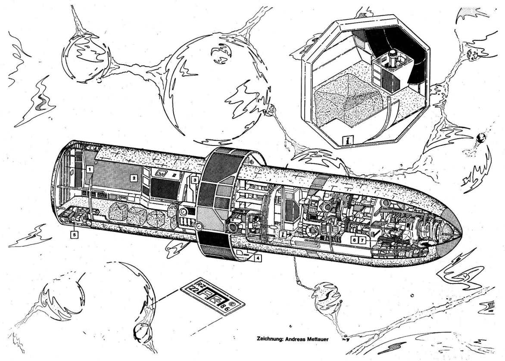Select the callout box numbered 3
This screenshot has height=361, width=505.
[195, 180]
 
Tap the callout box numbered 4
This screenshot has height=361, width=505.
[257, 259]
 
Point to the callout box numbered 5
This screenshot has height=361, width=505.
[75, 235]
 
